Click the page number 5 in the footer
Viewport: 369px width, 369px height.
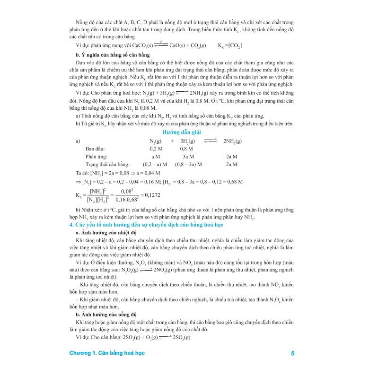pos(293,353)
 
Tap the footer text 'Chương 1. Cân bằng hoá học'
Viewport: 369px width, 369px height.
pos(107,353)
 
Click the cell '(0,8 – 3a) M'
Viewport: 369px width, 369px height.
pos(188,164)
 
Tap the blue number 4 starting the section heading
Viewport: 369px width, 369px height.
pos(70,225)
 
